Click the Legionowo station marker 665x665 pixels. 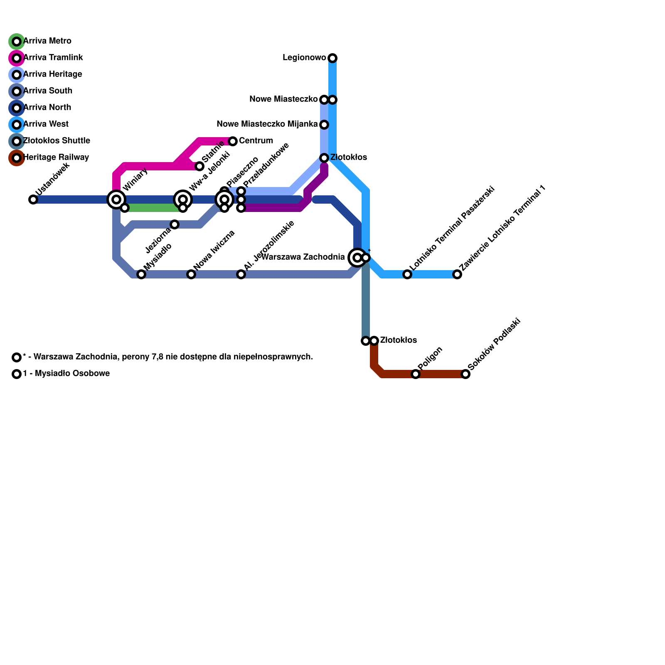coord(332,58)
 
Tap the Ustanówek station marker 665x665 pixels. coord(33,199)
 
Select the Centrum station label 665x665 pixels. coord(256,141)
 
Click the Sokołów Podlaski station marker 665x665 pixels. coord(465,374)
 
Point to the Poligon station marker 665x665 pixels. coord(416,374)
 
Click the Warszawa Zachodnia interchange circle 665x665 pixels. coord(357,258)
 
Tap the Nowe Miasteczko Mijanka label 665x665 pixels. coord(267,124)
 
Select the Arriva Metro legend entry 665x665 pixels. coord(47,41)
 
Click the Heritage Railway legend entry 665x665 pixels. coord(56,158)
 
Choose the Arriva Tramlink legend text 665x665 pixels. coord(53,58)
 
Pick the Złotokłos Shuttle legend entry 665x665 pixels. coord(56,141)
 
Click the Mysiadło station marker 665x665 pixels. coord(141,274)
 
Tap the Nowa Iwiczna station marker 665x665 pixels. coord(191,274)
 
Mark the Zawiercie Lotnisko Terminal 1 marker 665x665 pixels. coord(457,274)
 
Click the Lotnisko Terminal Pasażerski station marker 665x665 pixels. coord(407,274)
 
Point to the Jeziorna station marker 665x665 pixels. coord(175,224)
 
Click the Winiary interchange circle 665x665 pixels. coord(116,199)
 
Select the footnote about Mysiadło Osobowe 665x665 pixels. coord(66,374)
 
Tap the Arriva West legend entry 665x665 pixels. coord(46,124)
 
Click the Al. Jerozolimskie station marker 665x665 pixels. coord(241,274)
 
